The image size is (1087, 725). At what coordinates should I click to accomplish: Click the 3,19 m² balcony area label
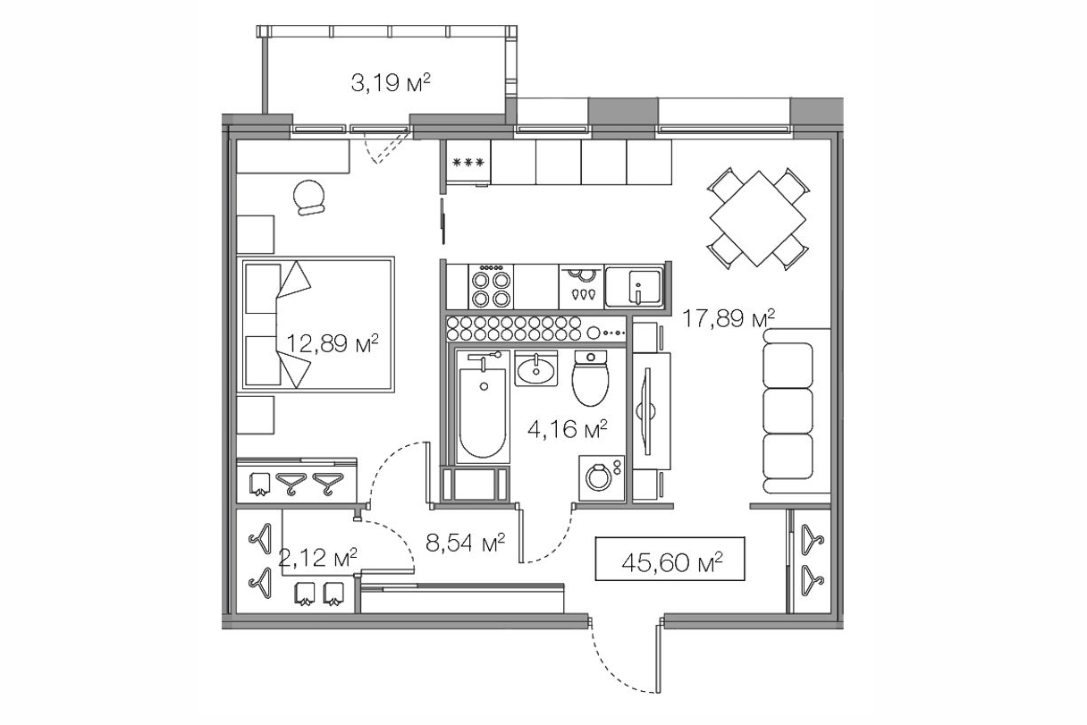tap(391, 83)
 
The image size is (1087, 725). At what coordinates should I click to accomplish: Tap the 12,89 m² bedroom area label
tap(333, 343)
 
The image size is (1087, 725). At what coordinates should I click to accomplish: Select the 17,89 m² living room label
tap(729, 318)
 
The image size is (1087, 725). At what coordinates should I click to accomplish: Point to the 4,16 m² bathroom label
tap(568, 429)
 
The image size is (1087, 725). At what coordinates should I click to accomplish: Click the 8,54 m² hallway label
tap(466, 543)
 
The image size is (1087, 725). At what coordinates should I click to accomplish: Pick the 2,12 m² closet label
tap(318, 557)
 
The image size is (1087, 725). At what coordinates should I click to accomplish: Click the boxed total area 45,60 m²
tap(670, 559)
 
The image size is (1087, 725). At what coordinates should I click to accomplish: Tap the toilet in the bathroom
tap(590, 378)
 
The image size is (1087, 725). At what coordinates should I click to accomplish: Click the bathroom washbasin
tap(535, 367)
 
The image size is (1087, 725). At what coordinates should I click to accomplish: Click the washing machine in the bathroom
tap(602, 478)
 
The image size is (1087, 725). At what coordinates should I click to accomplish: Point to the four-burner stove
tap(491, 286)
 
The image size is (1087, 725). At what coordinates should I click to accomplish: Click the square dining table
tap(757, 218)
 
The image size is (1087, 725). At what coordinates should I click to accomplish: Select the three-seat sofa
tap(796, 410)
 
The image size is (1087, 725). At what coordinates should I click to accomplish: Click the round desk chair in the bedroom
tap(308, 197)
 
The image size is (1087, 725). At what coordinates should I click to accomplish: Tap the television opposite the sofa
tap(647, 411)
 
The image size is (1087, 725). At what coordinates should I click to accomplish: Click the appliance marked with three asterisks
tap(468, 162)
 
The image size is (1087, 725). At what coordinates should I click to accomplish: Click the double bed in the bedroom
tap(316, 325)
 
